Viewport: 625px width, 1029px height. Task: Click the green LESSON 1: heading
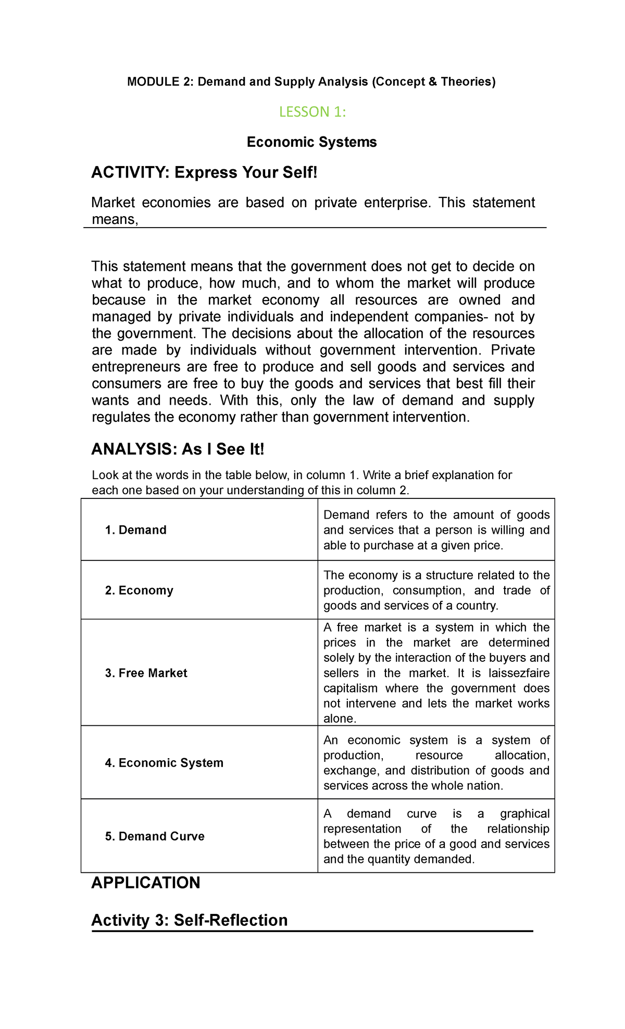click(x=312, y=112)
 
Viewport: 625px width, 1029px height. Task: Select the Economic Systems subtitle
click(x=311, y=142)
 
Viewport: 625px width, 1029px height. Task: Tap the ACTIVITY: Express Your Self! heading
click(x=204, y=172)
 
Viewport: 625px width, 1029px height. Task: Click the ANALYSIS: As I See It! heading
click(x=178, y=449)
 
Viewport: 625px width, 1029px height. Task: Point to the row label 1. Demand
click(x=135, y=530)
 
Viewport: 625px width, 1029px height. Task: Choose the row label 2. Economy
click(x=139, y=591)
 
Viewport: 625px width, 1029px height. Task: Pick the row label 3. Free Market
click(x=146, y=673)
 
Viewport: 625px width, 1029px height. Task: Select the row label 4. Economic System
click(x=164, y=763)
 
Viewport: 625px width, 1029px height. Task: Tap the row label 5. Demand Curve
click(x=155, y=836)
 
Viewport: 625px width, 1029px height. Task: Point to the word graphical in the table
click(x=524, y=814)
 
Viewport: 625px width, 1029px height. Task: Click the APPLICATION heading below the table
click(x=146, y=883)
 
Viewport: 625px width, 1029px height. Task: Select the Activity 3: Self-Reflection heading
click(x=190, y=920)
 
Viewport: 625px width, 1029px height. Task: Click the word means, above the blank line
click(x=115, y=220)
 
